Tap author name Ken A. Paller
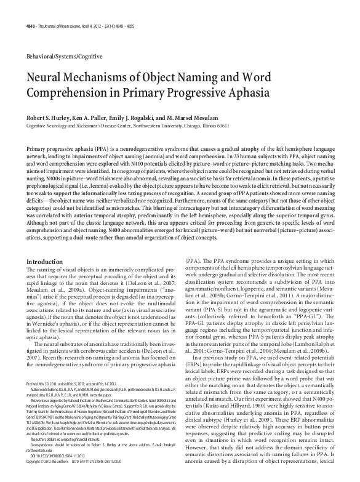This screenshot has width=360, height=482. tap(107, 117)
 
